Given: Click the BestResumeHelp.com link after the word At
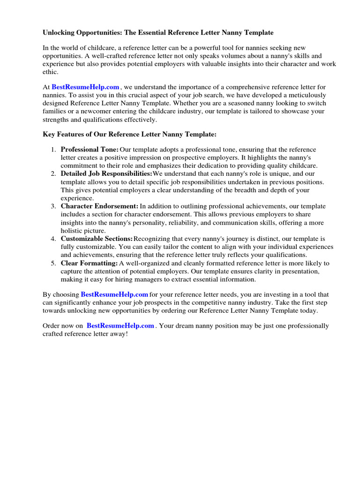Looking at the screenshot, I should pos(85,87).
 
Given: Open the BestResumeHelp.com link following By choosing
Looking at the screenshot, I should pos(114,294).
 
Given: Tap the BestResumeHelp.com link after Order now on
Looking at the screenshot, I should pos(120,326).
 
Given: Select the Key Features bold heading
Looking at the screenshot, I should pos(129,135).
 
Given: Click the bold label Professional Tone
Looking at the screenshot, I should pos(90,150).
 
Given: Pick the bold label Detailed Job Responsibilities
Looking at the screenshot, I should pos(106,174).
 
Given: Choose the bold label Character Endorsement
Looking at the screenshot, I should pos(99,206).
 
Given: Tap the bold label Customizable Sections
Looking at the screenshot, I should pos(97,239).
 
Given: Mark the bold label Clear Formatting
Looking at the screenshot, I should pos(89,263).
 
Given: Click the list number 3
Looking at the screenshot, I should pos(53,206).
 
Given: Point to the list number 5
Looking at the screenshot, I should pos(53,263).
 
